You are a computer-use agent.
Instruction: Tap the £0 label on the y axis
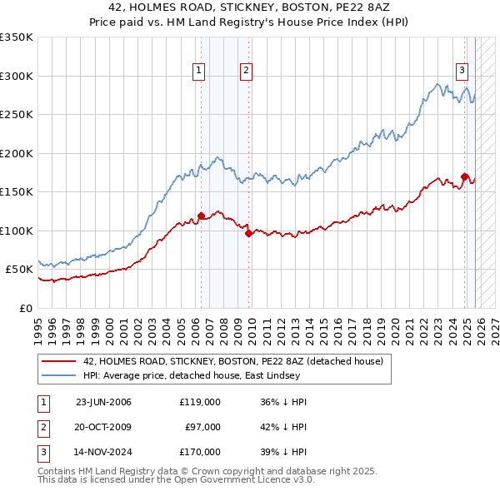(x=25, y=308)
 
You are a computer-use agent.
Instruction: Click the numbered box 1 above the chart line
(x=200, y=72)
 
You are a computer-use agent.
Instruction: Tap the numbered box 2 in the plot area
(x=247, y=72)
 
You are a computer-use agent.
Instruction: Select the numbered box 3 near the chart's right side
(x=462, y=72)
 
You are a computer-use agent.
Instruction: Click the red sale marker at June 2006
(x=201, y=216)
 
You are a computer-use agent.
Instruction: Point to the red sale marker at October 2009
(x=248, y=233)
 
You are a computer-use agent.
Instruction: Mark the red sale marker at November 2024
(x=464, y=176)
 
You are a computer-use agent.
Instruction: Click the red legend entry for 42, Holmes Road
(x=232, y=361)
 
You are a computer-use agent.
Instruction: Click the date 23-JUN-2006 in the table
(x=103, y=402)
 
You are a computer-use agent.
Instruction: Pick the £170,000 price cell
(x=200, y=452)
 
